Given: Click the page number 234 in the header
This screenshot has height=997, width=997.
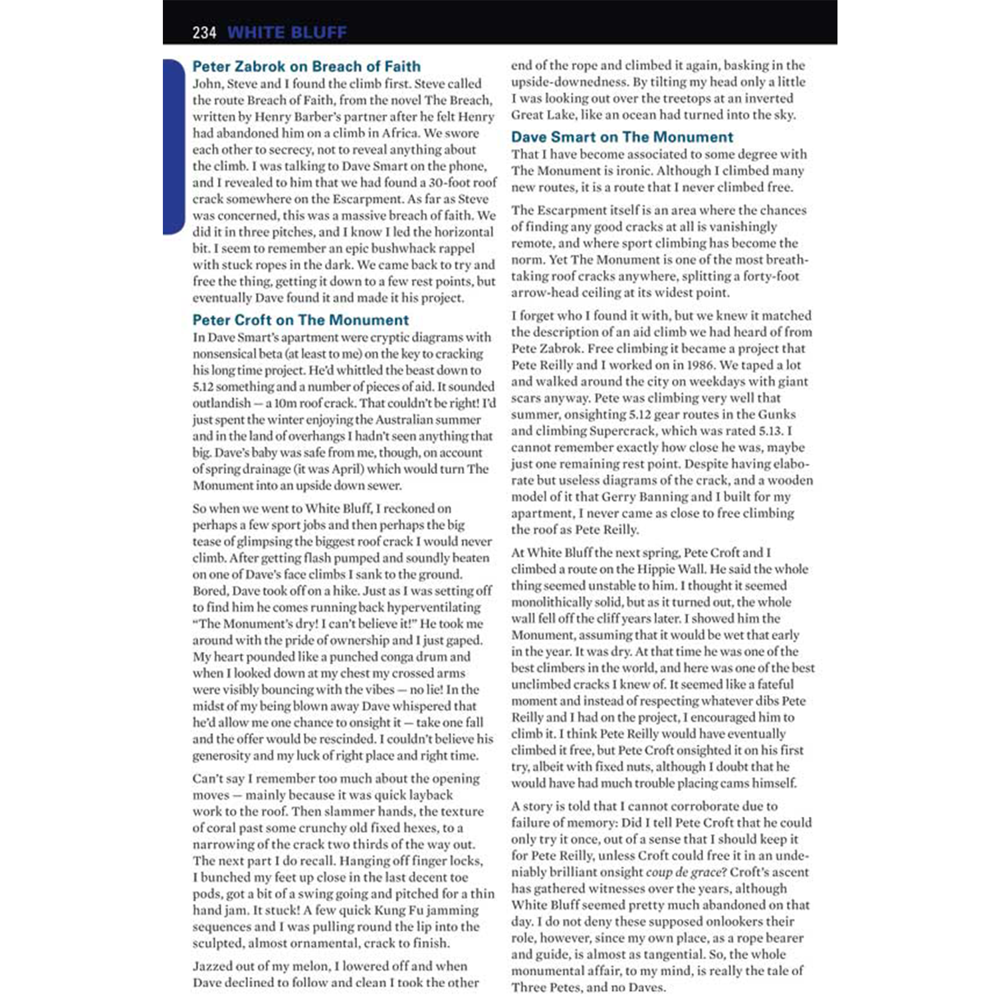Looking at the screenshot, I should pyautogui.click(x=204, y=32).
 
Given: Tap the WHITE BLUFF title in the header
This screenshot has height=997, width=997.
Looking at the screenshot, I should pyautogui.click(x=286, y=32).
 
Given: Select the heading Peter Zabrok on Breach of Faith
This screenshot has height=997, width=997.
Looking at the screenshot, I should pyautogui.click(x=306, y=66).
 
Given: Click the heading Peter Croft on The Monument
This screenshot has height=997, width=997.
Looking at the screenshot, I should pyautogui.click(x=300, y=320).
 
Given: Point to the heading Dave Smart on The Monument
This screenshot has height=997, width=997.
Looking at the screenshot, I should pyautogui.click(x=621, y=137).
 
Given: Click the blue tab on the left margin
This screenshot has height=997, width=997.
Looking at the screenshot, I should pyautogui.click(x=173, y=146).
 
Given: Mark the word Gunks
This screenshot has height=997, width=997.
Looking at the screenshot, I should pyautogui.click(x=777, y=414).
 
